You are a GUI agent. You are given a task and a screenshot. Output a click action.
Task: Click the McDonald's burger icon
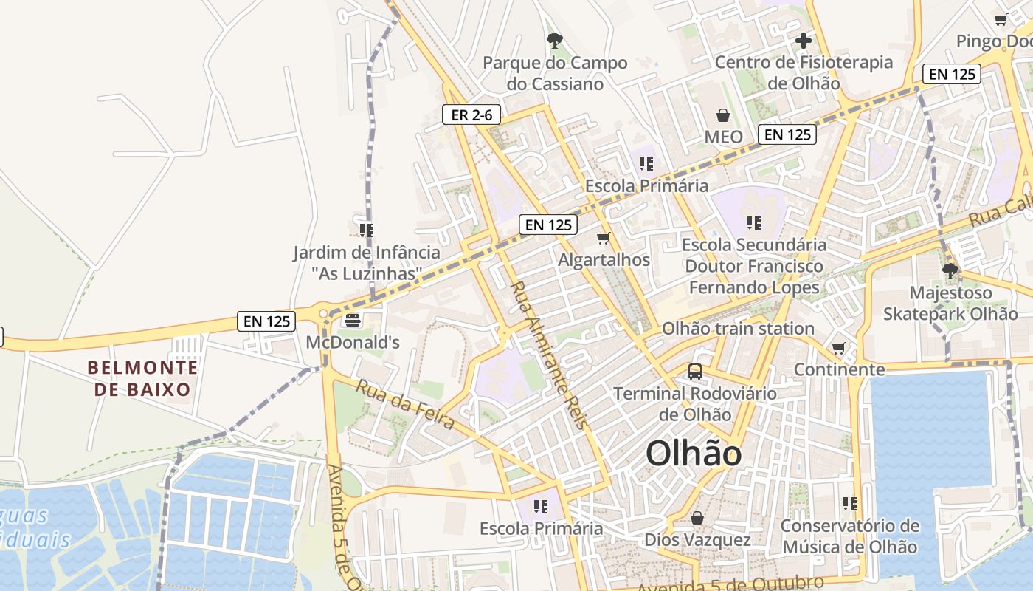(353, 321)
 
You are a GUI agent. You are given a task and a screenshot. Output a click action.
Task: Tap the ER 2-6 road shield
(471, 115)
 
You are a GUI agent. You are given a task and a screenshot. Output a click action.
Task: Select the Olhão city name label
(694, 453)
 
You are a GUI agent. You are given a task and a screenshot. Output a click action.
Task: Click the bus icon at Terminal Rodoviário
(695, 371)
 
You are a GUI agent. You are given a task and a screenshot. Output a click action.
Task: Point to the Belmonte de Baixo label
(142, 378)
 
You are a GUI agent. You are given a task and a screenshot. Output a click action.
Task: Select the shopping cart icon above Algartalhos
(604, 239)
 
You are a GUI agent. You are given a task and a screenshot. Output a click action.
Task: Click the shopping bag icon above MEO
(723, 115)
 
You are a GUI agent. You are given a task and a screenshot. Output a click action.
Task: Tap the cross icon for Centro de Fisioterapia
(804, 40)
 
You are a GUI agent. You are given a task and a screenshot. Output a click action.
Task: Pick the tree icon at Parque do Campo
(554, 41)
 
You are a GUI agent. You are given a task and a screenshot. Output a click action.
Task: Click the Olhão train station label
(738, 328)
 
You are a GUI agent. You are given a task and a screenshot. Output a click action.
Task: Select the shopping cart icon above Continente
(838, 348)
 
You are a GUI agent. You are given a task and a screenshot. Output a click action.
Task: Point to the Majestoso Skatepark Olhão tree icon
(950, 270)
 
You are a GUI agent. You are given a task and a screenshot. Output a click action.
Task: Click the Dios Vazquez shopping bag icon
(697, 518)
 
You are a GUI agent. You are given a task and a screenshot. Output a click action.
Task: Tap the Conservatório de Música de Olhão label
(850, 536)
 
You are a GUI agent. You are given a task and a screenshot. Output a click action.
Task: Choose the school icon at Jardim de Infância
(367, 230)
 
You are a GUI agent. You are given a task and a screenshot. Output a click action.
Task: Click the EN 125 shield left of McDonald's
(266, 321)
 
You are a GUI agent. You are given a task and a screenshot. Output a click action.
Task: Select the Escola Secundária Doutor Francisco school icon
(753, 222)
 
